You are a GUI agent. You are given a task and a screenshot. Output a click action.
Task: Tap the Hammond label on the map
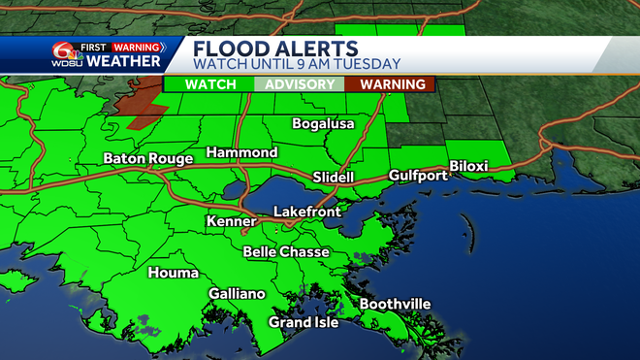pyautogui.click(x=241, y=153)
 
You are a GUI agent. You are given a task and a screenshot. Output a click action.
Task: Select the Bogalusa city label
pyautogui.click(x=324, y=124)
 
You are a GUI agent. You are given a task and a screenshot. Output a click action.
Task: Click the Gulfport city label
pyautogui.click(x=418, y=176)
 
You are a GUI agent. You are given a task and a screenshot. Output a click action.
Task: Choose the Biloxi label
pyautogui.click(x=468, y=167)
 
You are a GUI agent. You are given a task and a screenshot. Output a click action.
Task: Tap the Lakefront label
pyautogui.click(x=307, y=211)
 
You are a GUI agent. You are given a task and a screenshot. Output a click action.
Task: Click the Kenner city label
pyautogui.click(x=232, y=222)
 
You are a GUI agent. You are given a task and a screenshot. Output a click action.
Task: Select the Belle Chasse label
pyautogui.click(x=286, y=252)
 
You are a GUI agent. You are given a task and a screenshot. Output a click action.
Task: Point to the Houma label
pyautogui.click(x=174, y=274)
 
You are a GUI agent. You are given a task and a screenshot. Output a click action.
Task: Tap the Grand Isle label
pyautogui.click(x=304, y=322)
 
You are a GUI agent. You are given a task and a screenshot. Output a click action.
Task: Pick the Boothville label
pyautogui.click(x=395, y=305)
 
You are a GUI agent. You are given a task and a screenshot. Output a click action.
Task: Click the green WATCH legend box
pyautogui.click(x=210, y=84)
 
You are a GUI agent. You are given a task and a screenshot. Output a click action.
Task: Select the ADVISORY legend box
pyautogui.click(x=301, y=84)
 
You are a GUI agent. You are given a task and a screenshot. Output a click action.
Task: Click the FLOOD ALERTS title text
pyautogui.click(x=275, y=49)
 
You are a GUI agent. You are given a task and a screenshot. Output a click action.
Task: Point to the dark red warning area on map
pyautogui.click(x=136, y=99)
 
